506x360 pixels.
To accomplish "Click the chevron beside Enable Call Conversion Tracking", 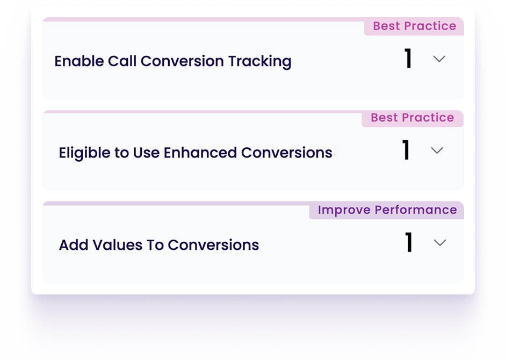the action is (439, 59).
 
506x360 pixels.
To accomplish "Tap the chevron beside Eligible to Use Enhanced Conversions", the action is (437, 150).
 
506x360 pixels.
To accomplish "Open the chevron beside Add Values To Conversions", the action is (440, 242).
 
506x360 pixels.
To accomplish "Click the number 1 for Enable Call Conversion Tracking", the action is (408, 58).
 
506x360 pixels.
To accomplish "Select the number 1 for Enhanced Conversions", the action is (406, 150).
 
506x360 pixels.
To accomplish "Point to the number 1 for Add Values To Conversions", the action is (409, 242).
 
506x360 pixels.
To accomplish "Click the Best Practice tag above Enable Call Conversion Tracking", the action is (414, 26).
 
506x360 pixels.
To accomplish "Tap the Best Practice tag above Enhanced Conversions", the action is (413, 118).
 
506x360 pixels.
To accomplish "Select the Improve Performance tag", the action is (387, 210).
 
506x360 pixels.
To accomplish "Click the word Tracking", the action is (260, 62).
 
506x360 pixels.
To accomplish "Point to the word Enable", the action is (79, 61).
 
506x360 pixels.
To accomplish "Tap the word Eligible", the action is (84, 153).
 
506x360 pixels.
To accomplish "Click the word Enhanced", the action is (200, 153).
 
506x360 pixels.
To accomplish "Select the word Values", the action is (118, 245).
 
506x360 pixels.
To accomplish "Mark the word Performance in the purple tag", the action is (416, 210).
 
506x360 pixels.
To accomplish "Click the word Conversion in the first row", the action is (182, 61).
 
